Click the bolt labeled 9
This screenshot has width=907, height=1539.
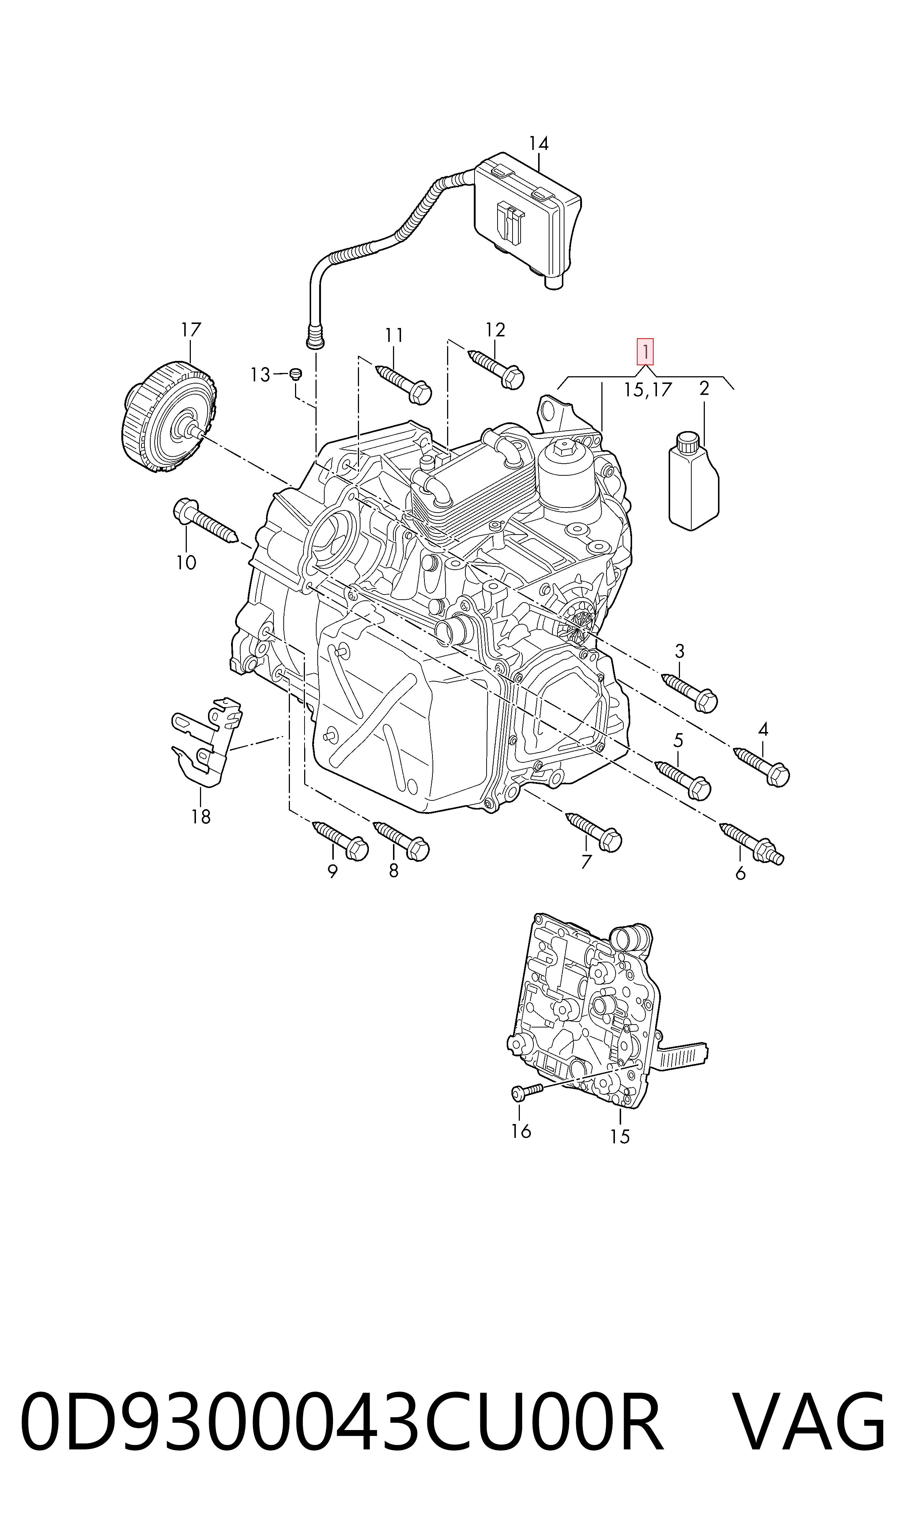[x=340, y=840]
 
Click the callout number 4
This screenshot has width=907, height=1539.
[x=763, y=729]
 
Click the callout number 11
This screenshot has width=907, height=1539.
[x=394, y=335]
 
